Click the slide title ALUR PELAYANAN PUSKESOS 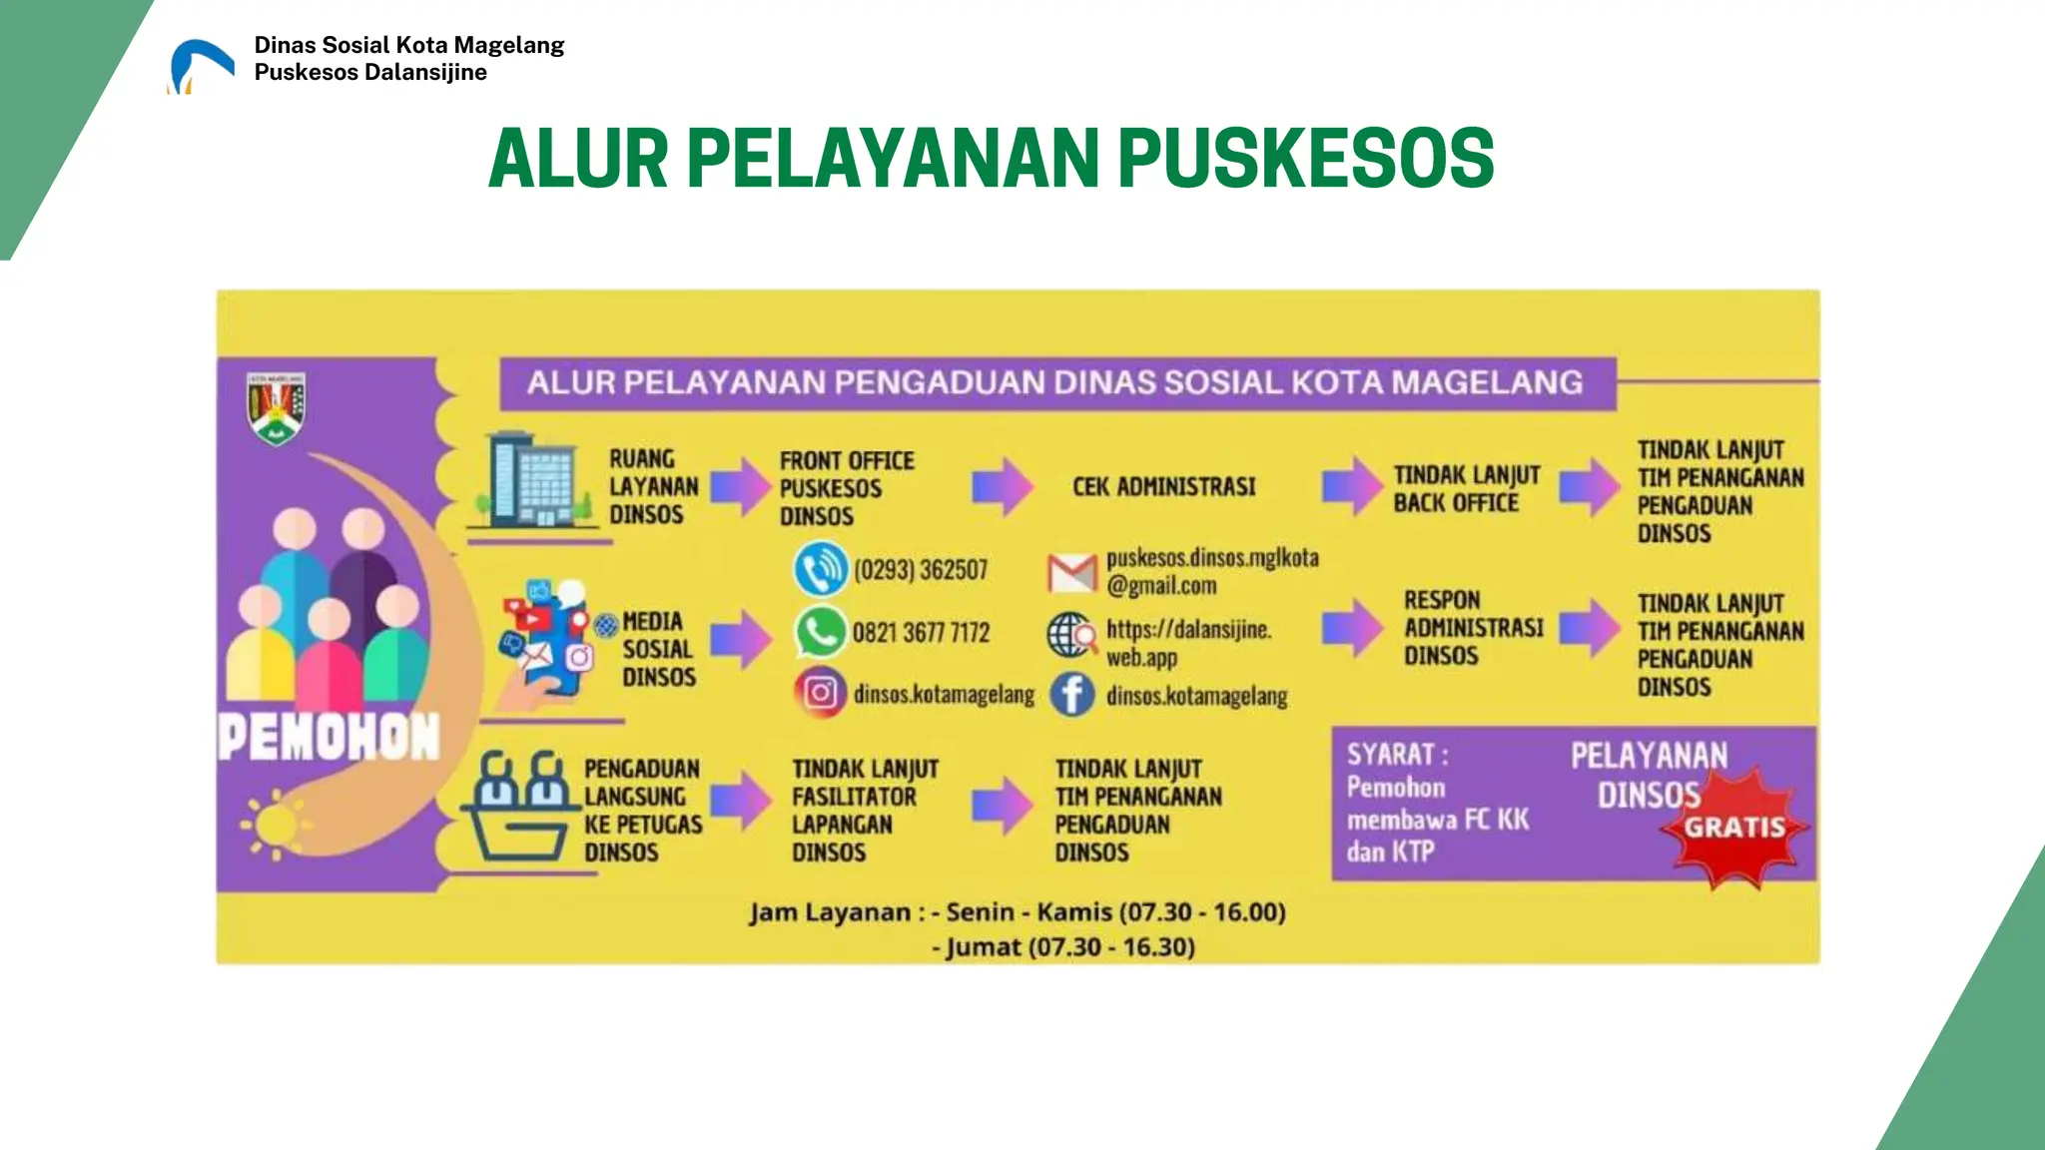[x=991, y=159]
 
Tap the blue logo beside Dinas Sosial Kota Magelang [x=201, y=66]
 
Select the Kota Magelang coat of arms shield [x=276, y=407]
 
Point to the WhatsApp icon [x=820, y=632]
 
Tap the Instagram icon [x=820, y=693]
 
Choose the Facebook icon [x=1071, y=694]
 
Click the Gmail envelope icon [x=1071, y=572]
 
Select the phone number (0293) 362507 [x=920, y=570]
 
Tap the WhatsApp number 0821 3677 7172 [x=921, y=633]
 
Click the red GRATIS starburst [x=1734, y=827]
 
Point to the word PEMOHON [x=329, y=738]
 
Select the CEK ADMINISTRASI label [x=1163, y=487]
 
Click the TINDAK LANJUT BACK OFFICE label [x=1466, y=489]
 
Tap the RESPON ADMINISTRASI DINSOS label [x=1473, y=628]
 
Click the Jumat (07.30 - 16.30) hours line [x=1067, y=946]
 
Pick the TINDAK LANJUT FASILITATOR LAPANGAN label [x=865, y=811]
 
